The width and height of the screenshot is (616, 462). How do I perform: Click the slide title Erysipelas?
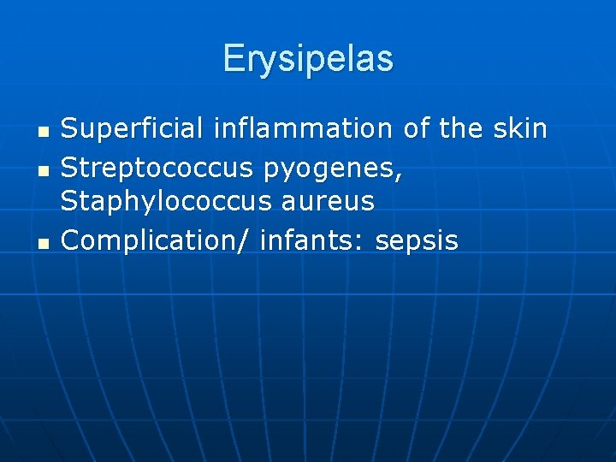pyautogui.click(x=308, y=59)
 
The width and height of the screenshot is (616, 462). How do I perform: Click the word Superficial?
pyautogui.click(x=131, y=129)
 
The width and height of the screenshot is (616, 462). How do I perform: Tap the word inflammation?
pyautogui.click(x=299, y=129)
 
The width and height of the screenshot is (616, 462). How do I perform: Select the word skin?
pyautogui.click(x=520, y=129)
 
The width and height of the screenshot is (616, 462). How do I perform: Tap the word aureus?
pyautogui.click(x=332, y=203)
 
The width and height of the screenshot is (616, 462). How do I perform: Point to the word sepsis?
pyautogui.click(x=417, y=242)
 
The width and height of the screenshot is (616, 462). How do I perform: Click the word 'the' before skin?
pyautogui.click(x=461, y=129)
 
